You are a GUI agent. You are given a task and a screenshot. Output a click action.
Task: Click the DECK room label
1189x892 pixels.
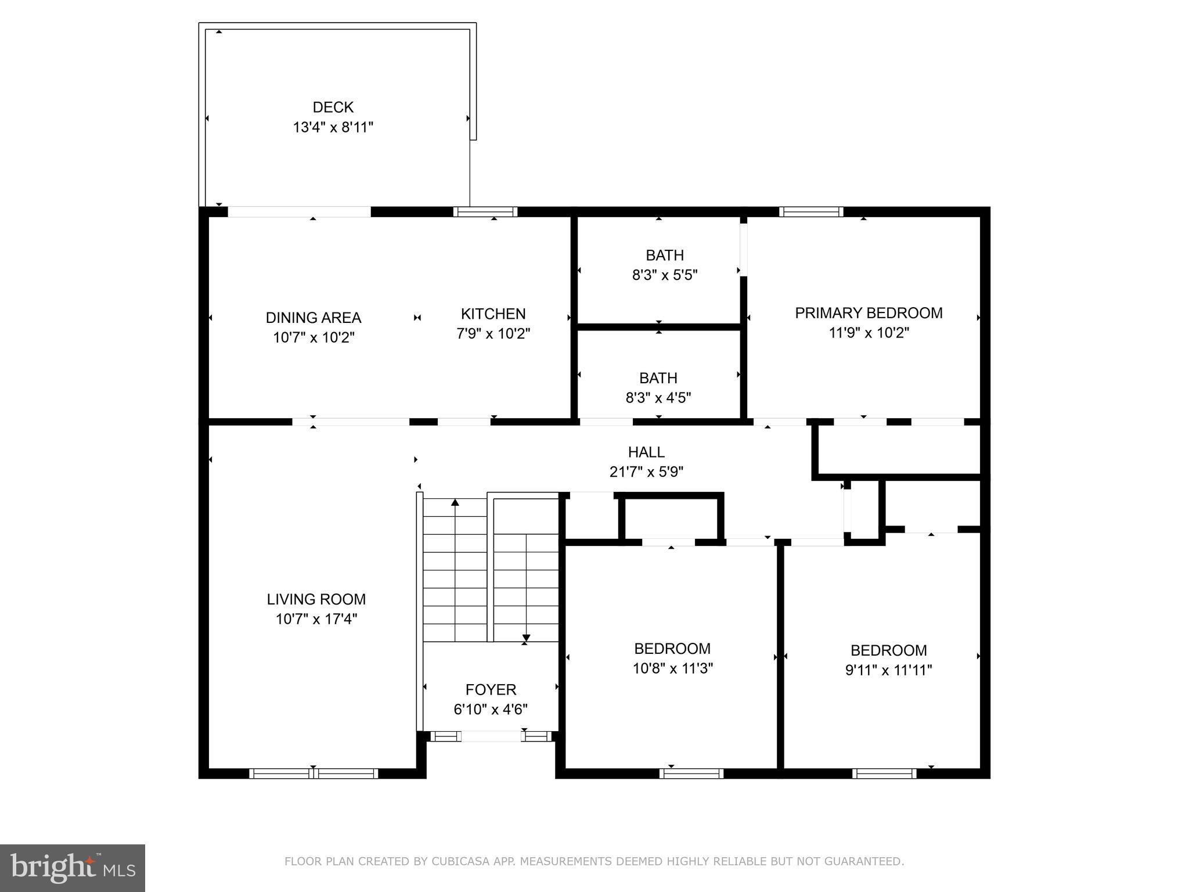[333, 107]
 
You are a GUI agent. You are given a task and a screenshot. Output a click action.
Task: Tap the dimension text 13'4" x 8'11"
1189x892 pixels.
[333, 127]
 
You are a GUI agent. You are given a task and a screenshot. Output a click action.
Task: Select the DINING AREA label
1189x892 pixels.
[314, 318]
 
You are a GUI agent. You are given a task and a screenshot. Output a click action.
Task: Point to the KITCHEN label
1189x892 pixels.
[493, 314]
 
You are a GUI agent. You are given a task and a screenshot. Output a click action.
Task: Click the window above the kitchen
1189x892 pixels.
[485, 212]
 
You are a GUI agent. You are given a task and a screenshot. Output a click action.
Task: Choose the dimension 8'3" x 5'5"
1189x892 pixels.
[665, 275]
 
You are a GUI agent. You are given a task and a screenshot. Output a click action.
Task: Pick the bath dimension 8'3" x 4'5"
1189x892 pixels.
[658, 398]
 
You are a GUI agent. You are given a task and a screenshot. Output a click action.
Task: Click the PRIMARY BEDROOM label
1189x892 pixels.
[869, 313]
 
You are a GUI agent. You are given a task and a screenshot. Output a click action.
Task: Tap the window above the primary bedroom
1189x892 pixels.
[811, 212]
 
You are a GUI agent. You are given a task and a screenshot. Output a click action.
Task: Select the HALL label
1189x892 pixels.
[646, 452]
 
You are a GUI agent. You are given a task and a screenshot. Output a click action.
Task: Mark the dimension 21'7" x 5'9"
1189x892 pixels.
[646, 472]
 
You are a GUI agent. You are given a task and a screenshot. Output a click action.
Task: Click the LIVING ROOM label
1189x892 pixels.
[316, 599]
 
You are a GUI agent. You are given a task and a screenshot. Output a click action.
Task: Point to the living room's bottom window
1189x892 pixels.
[314, 774]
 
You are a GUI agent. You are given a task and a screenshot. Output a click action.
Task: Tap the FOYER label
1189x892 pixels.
[491, 690]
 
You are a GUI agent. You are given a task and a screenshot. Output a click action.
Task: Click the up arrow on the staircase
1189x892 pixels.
[455, 503]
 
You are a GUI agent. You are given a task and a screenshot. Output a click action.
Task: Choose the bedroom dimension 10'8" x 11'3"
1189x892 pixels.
[672, 668]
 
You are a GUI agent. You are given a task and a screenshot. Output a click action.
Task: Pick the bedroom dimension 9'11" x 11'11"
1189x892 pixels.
[888, 670]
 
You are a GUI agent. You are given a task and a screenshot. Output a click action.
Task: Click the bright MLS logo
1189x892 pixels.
[72, 868]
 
